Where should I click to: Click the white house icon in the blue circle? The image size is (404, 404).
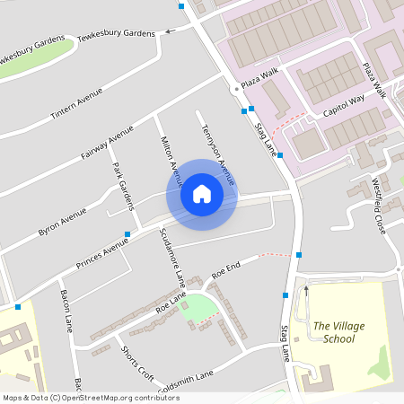pyautogui.click(x=202, y=194)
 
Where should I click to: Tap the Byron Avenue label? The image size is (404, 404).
pyautogui.click(x=62, y=222)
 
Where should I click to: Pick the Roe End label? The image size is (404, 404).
pyautogui.click(x=226, y=268)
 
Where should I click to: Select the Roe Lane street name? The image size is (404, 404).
pyautogui.click(x=171, y=302)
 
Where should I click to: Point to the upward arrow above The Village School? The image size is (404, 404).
pyautogui.click(x=306, y=290)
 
